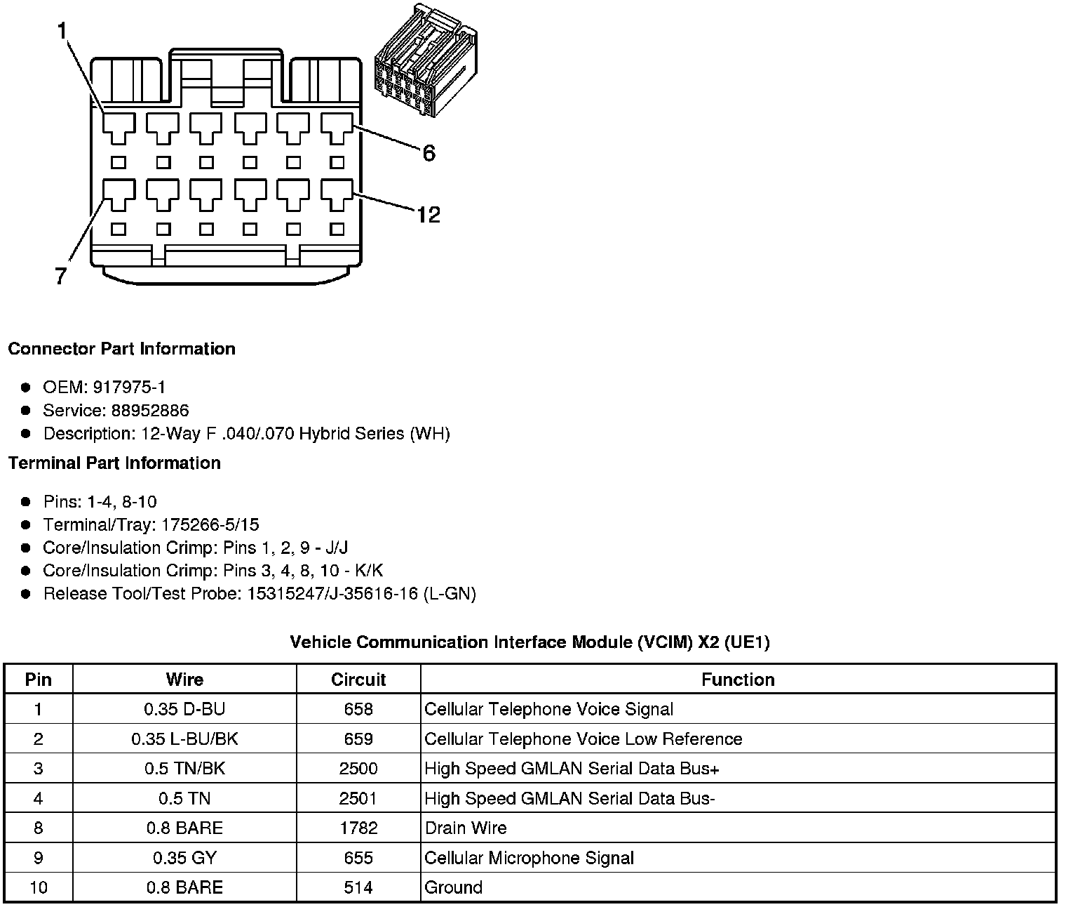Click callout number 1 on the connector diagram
point(62,32)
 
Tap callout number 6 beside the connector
point(429,152)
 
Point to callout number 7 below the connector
point(61,277)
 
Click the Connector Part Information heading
point(121,349)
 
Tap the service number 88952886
point(149,410)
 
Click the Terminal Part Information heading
point(114,463)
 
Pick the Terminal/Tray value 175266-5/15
point(210,524)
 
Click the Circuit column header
point(358,680)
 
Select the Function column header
point(738,680)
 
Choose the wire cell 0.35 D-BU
point(184,709)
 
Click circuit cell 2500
point(358,768)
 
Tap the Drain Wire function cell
point(466,828)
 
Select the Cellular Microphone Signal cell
point(529,858)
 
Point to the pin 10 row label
point(38,887)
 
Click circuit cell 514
point(358,887)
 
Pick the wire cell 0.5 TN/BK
point(184,768)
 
